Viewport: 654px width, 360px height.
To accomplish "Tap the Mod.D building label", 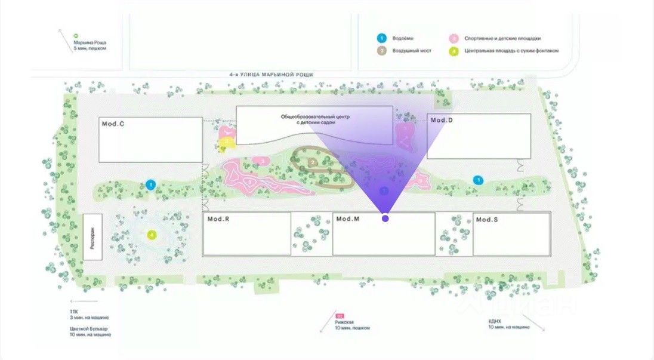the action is (442, 121).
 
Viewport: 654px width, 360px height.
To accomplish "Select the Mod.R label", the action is (218, 219).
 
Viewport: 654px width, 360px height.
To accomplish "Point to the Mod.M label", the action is (348, 219).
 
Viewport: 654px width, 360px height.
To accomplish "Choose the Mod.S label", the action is (487, 220).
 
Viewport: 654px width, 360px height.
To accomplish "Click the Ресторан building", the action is (92, 237).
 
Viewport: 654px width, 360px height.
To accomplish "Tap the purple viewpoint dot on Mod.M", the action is (385, 219).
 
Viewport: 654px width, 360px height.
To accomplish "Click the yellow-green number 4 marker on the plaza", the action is (152, 235).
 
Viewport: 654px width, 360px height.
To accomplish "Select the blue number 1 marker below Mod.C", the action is (151, 184).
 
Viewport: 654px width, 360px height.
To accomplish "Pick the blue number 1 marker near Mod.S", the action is (477, 180).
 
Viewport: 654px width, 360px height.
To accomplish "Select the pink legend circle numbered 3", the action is (454, 38).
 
